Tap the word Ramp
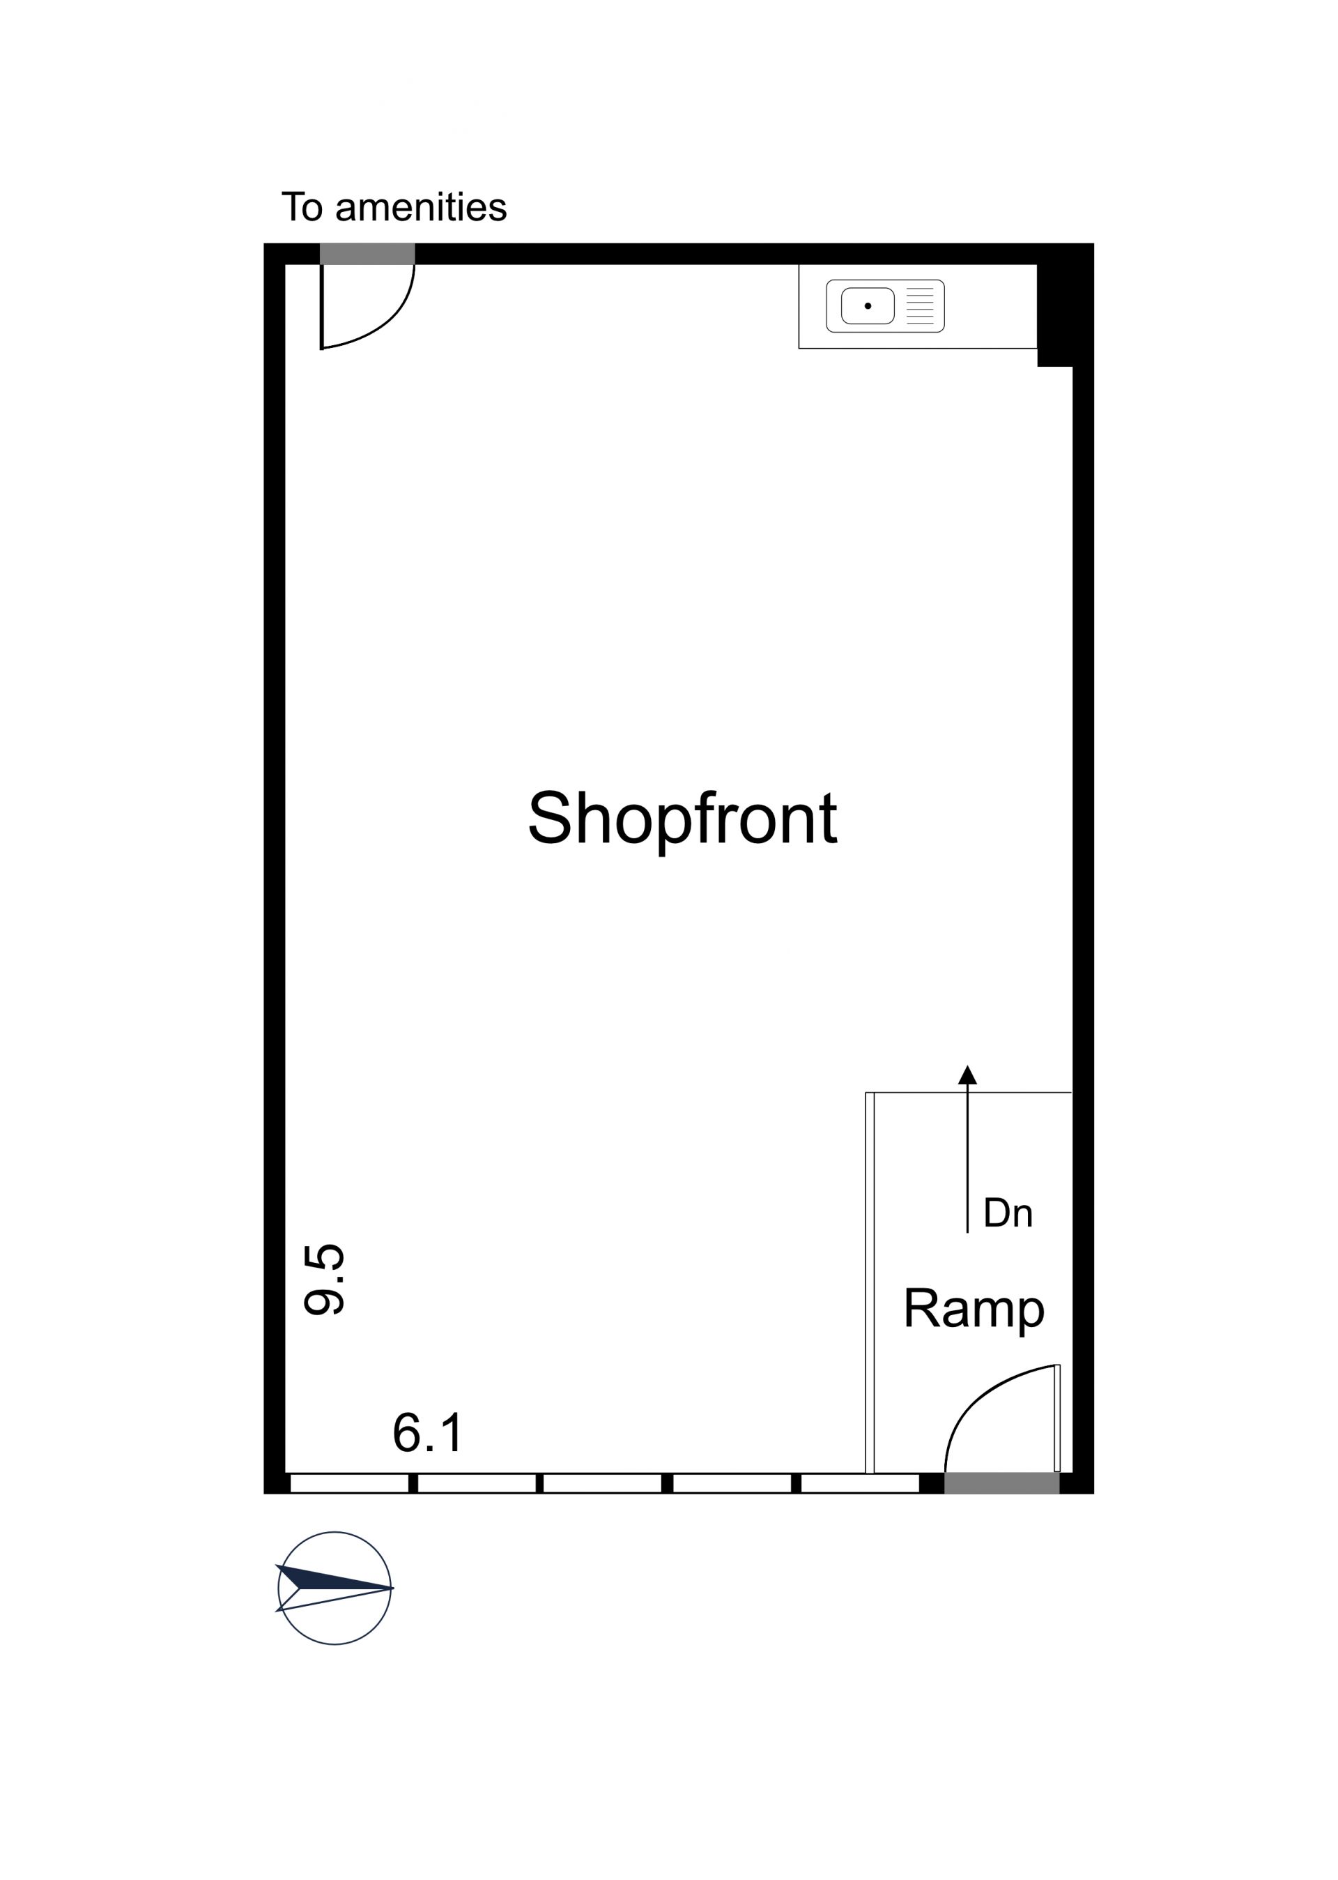[x=974, y=1308]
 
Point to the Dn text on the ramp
[x=1008, y=1213]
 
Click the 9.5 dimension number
[x=324, y=1278]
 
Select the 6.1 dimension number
[x=428, y=1432]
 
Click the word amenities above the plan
[x=421, y=207]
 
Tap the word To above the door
[x=302, y=207]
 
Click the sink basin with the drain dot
[x=868, y=305]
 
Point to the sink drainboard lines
[x=921, y=305]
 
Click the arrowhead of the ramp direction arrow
[x=967, y=1075]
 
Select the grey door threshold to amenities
[x=367, y=254]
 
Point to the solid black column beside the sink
[x=1054, y=315]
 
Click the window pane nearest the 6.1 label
[x=477, y=1483]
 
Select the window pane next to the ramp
[x=860, y=1483]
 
